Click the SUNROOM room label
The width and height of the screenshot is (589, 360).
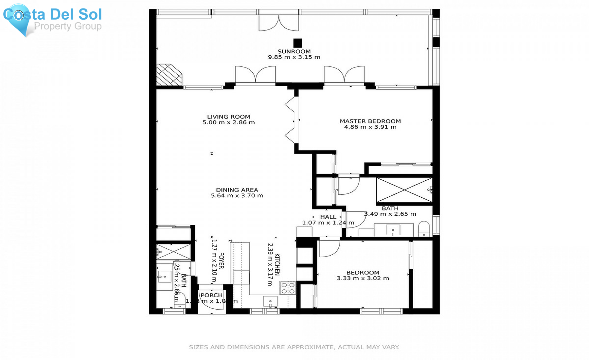294,51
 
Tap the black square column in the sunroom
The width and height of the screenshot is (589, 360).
297,43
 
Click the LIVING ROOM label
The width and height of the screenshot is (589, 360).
228,117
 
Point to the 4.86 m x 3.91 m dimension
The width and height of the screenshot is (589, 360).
370,127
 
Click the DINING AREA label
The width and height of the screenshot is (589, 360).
237,190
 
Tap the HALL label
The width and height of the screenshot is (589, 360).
328,217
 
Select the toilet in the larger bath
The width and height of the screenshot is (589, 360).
424,229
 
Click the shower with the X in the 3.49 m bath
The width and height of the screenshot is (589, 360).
404,190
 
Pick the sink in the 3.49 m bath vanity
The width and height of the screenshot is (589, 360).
393,231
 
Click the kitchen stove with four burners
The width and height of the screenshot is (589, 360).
288,288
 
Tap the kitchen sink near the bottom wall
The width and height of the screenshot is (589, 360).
270,301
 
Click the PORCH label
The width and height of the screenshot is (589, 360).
211,295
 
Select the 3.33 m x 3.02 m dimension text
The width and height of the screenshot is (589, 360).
363,279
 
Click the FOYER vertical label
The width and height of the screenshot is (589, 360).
221,261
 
